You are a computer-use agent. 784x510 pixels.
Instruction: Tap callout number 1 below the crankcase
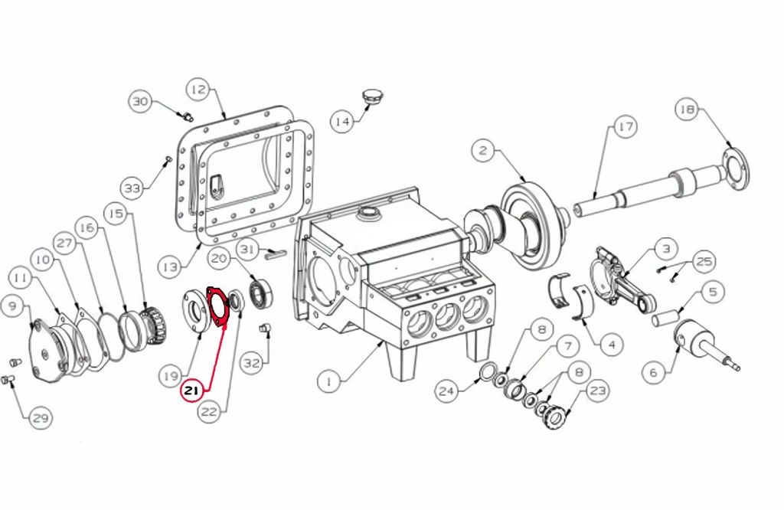coord(329,383)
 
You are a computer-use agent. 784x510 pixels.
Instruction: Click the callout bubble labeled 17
coord(626,127)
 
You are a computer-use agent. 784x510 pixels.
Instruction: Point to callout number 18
coord(687,110)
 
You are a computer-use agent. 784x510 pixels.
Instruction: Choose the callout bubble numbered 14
coord(342,122)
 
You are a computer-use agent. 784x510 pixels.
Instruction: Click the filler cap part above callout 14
coord(371,96)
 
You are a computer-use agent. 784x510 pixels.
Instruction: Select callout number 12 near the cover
coord(198,90)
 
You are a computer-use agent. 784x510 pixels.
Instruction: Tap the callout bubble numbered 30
coord(141,102)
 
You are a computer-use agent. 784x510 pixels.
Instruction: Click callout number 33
coord(132,188)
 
